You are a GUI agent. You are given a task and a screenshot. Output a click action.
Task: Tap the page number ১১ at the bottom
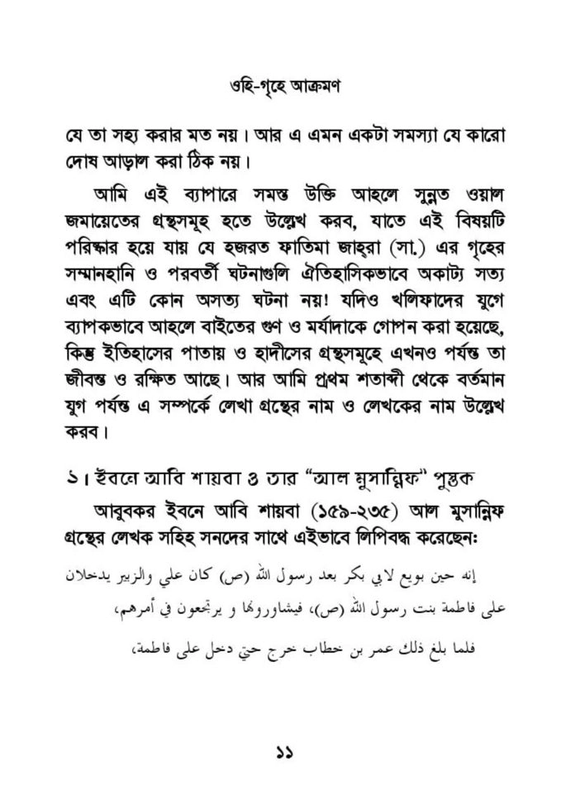coord(282,753)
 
